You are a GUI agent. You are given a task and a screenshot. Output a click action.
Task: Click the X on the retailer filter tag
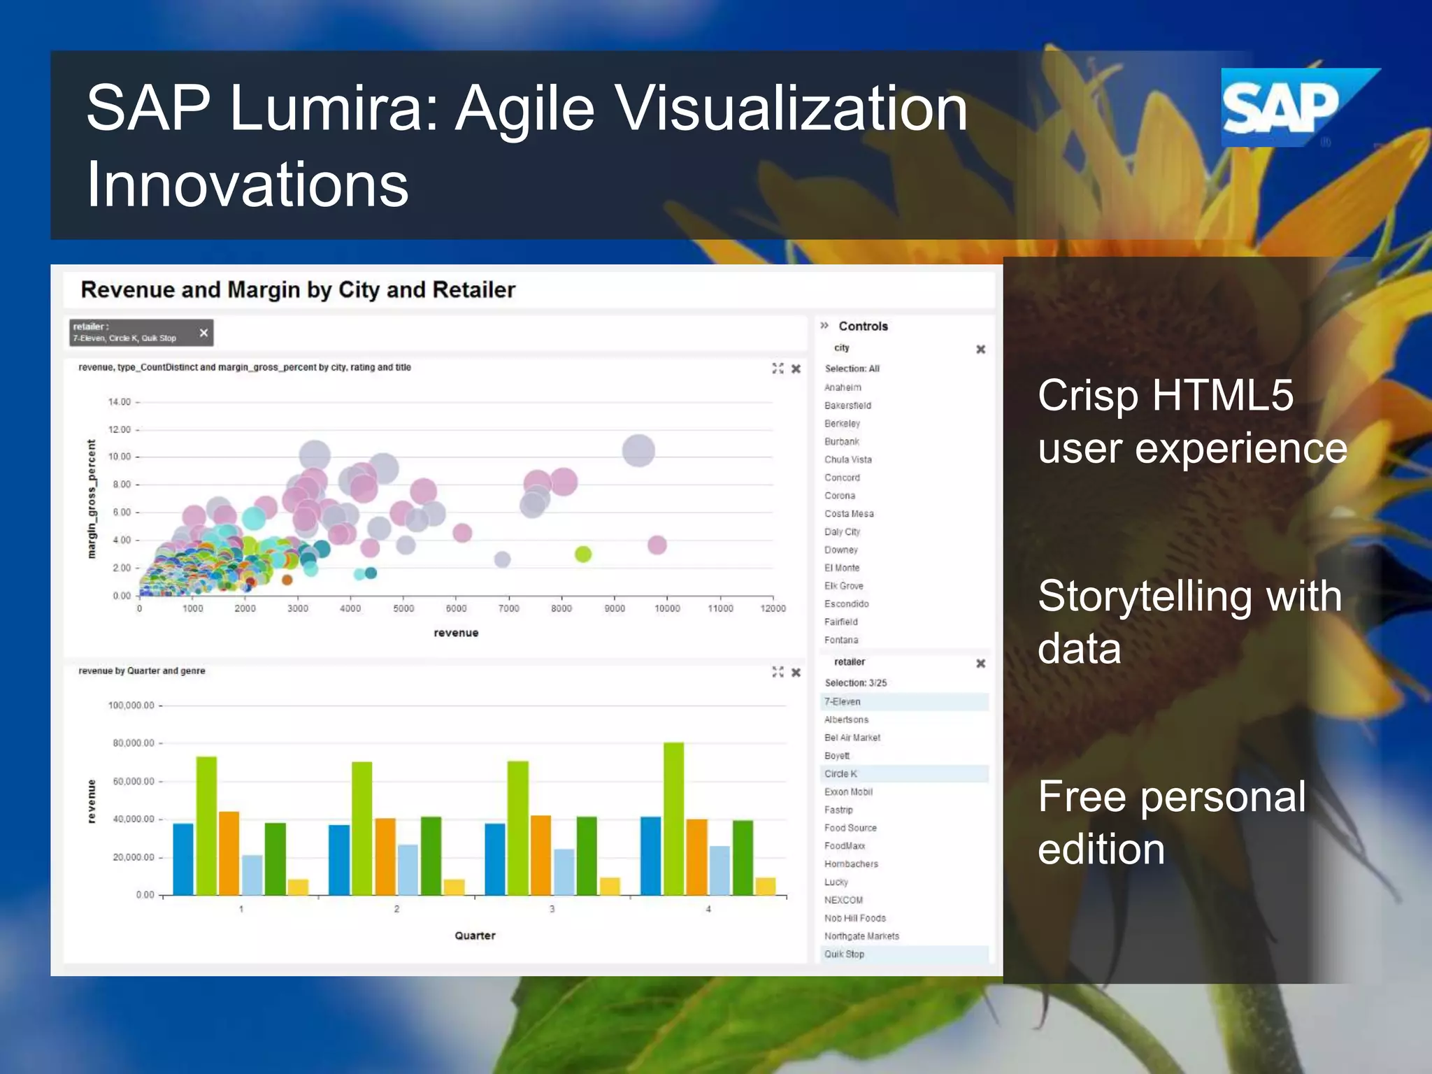point(203,333)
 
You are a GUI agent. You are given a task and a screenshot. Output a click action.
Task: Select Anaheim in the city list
point(843,387)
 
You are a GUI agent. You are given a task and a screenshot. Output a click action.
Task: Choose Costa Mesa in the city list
point(849,514)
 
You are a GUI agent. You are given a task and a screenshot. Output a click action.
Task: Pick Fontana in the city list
point(841,640)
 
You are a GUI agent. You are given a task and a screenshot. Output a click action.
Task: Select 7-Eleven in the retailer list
point(843,701)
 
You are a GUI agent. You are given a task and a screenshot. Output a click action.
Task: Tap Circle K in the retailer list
point(840,773)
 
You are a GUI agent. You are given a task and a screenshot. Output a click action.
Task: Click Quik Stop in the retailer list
point(844,954)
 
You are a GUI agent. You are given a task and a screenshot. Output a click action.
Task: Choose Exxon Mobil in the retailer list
point(848,792)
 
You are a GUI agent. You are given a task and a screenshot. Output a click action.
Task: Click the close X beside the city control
point(980,349)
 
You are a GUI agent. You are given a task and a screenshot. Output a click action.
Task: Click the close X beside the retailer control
point(980,663)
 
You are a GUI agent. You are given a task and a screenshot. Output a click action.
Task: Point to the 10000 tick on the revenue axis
point(667,608)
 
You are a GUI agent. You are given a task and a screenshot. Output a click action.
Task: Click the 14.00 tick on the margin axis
point(120,402)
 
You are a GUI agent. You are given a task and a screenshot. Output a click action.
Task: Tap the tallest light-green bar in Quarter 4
point(673,818)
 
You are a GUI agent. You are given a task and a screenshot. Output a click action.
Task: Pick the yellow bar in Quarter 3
point(610,886)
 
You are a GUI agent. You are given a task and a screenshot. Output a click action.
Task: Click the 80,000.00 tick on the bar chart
point(134,743)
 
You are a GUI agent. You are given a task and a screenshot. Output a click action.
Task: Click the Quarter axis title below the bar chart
point(475,936)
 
